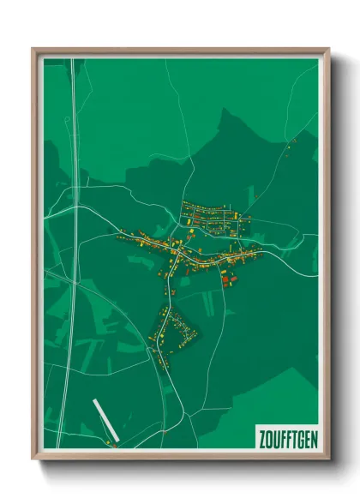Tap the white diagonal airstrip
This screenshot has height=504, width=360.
coord(103,419)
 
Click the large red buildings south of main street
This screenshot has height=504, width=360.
coord(225,278)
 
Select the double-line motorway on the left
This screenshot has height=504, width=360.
coord(75,214)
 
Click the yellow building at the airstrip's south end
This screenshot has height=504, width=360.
coord(111,442)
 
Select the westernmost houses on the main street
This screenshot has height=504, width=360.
coord(121,232)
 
